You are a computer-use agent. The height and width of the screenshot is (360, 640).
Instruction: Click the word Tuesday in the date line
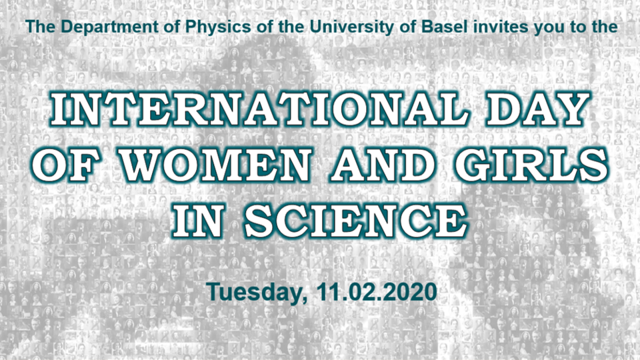pos(251,292)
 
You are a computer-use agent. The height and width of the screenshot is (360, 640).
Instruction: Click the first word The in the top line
pos(37,27)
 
